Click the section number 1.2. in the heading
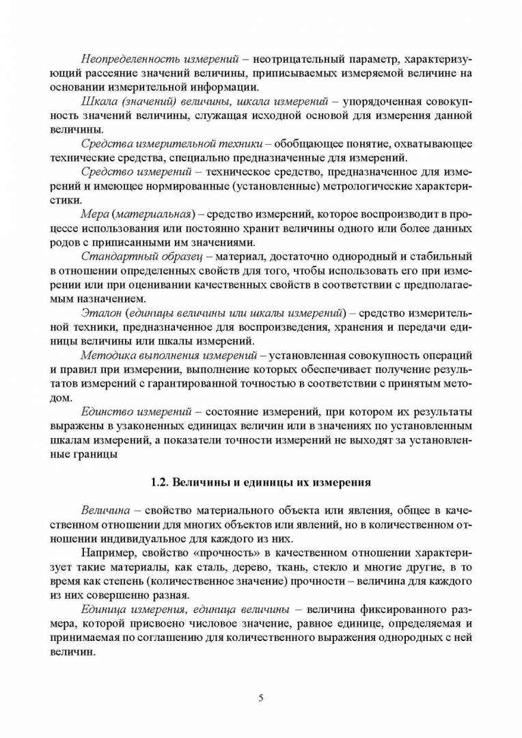161,482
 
